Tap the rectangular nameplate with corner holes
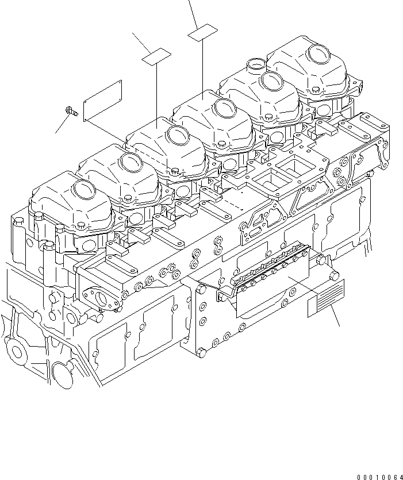coord(102,101)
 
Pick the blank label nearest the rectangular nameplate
coord(157,57)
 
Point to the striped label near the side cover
coord(325,298)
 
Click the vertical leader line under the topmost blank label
coord(202,66)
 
